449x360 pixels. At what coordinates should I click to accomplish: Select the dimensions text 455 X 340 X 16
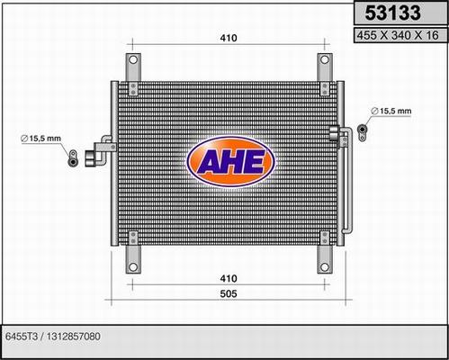(396, 36)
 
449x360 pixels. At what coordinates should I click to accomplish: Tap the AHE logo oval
(226, 162)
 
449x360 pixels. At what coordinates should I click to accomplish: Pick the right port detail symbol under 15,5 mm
(363, 130)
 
